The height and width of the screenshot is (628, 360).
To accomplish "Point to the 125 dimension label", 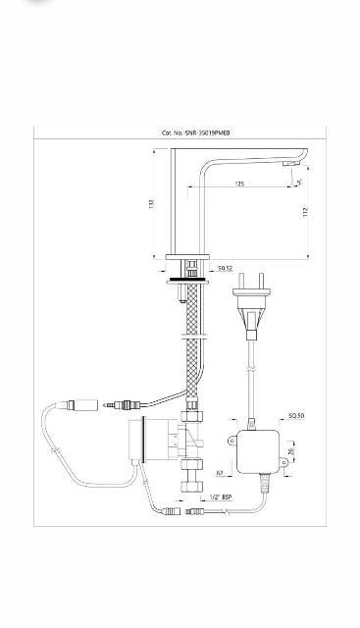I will coord(239,183).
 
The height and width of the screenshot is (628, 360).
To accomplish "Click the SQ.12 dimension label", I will coord(225,267).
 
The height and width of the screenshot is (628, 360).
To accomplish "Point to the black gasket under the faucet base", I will coord(188,279).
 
